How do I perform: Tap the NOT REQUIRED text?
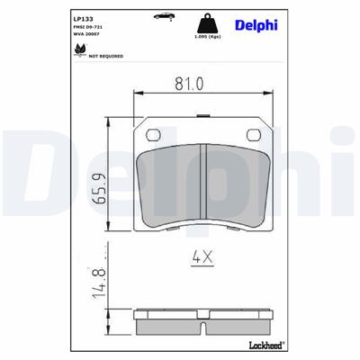click(105, 56)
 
